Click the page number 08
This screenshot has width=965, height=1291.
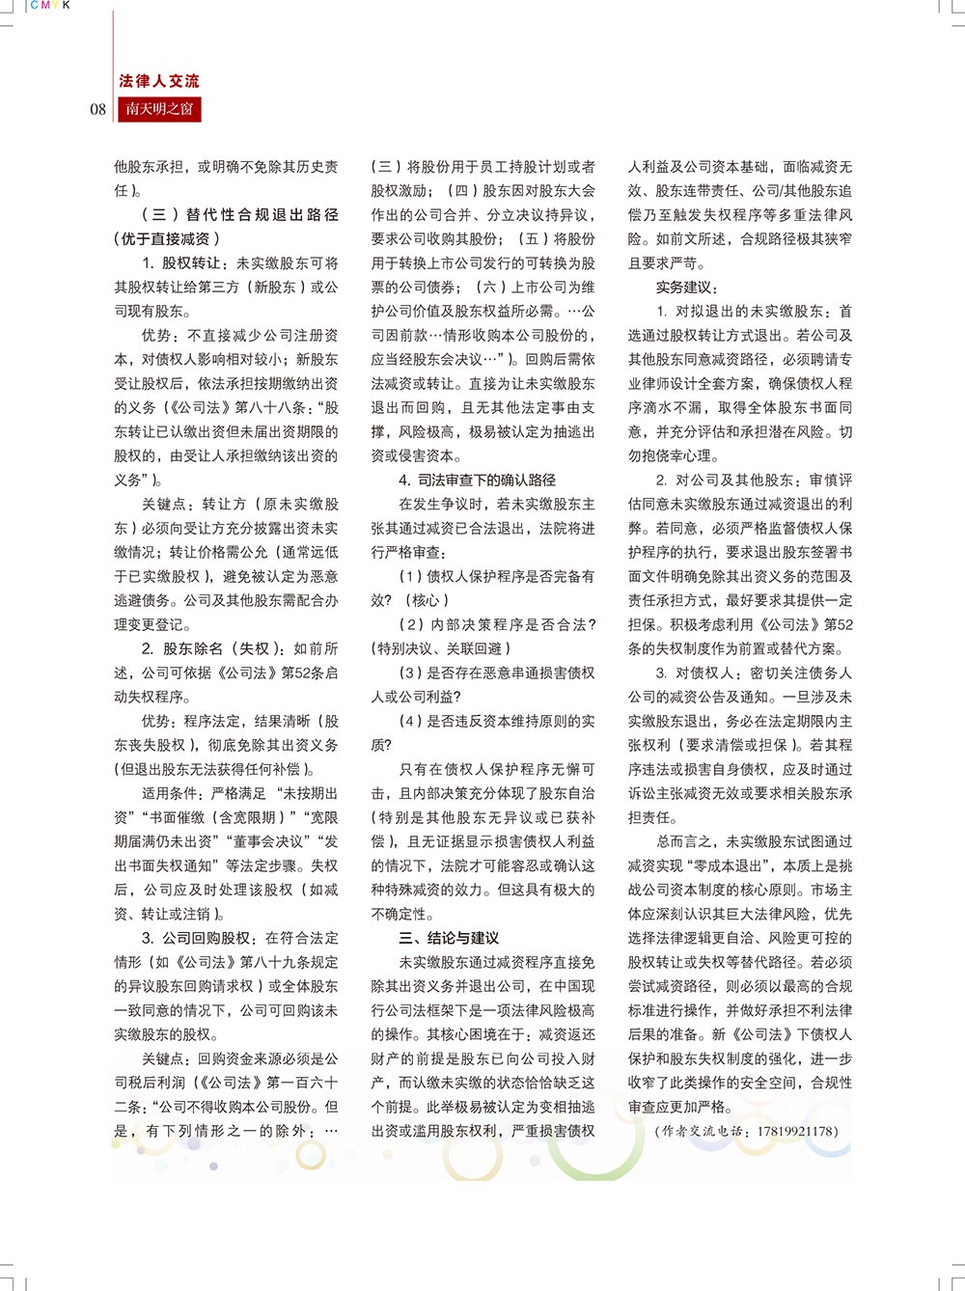[x=98, y=109]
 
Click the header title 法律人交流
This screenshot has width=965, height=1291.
[x=159, y=82]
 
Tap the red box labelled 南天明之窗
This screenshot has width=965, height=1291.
[x=159, y=109]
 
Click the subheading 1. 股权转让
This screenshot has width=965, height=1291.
[x=181, y=263]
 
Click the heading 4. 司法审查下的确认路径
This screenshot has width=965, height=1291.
[x=477, y=481]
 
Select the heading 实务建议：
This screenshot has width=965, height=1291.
[x=686, y=288]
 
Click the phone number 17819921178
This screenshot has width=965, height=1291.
[x=797, y=1132]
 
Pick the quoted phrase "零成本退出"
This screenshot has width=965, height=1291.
[x=727, y=866]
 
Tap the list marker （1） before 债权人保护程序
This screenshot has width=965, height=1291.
[x=411, y=577]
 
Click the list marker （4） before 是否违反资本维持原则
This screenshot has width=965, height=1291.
[x=411, y=722]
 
